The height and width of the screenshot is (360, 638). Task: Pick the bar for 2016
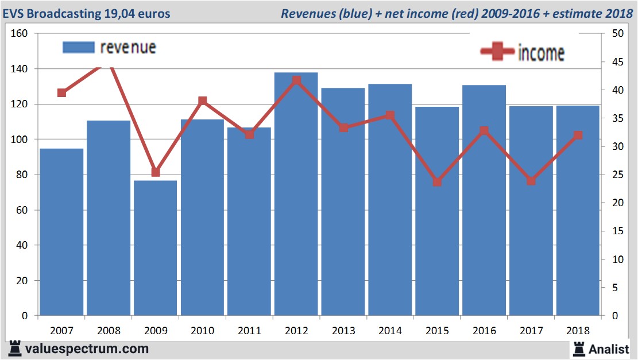pos(484,200)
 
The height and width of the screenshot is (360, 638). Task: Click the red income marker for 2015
pos(437,182)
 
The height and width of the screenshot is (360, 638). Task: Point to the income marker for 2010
pos(202,101)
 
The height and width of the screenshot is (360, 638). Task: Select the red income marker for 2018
pos(578,136)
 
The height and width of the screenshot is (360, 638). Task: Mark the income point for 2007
pos(62,92)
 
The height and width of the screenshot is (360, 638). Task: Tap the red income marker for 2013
pos(343,127)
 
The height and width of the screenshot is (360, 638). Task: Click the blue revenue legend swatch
pos(79,47)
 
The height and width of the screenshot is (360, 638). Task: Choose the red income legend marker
pos(497,52)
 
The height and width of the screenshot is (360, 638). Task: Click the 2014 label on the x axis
pos(390,331)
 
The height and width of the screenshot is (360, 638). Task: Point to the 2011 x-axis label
pos(249,331)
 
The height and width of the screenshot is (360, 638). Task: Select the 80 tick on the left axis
pos(22,175)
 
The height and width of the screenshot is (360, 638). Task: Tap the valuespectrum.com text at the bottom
pos(87,349)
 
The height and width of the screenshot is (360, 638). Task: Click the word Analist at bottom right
pos(609,349)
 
